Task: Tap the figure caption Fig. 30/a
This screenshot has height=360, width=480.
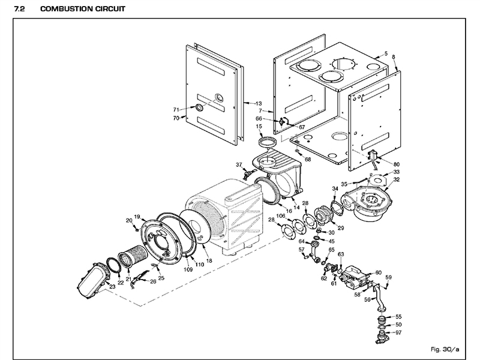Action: tap(445, 349)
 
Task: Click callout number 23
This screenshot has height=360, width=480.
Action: tap(112, 287)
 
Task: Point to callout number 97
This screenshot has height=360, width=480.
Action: tap(398, 332)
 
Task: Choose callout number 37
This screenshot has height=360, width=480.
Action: tap(238, 164)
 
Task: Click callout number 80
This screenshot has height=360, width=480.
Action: tap(396, 164)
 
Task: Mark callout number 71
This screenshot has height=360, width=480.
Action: tap(176, 110)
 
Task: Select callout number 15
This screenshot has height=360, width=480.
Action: tap(259, 127)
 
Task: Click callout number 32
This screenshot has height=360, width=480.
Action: tap(397, 179)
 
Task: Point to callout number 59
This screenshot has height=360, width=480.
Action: tap(389, 277)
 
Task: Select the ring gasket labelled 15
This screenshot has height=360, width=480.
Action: tap(268, 142)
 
